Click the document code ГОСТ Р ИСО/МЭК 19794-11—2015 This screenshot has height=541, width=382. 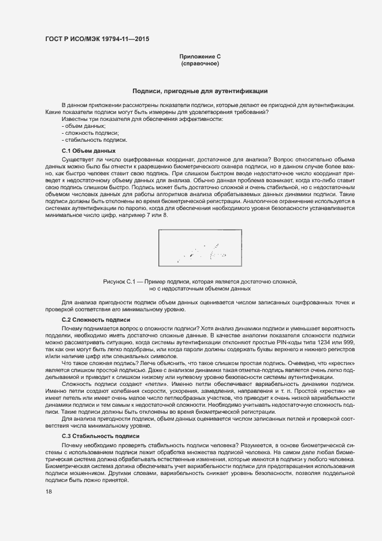coord(97,39)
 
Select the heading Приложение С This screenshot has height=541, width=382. coord(200,56)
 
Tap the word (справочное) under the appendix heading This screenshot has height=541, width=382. coord(200,63)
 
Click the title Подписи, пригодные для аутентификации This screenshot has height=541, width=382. coord(199,91)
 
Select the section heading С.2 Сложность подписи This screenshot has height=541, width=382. coord(96,320)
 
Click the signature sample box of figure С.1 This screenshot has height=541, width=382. coord(199,249)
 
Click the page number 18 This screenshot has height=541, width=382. coord(49,491)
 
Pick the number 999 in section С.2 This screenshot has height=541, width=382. coord(348,343)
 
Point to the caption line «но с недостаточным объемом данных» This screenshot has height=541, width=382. coord(199,288)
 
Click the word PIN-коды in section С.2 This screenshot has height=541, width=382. coord(294,343)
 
